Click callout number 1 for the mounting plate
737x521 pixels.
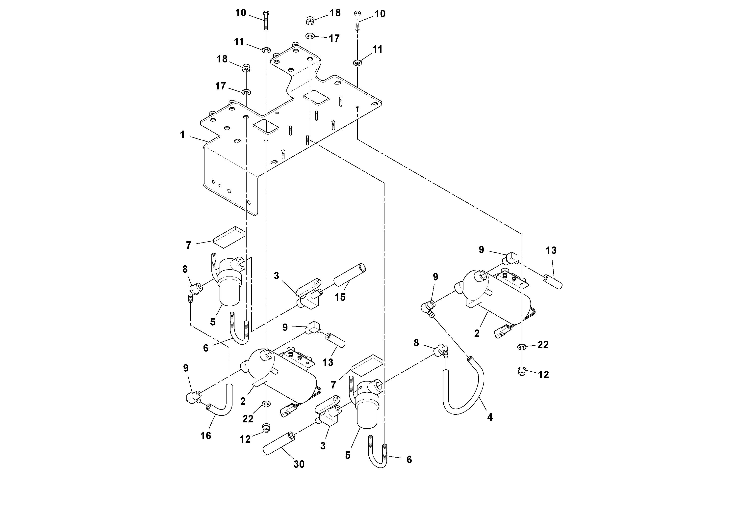(182, 135)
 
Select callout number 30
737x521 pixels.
(299, 464)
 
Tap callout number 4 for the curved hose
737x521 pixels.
(489, 417)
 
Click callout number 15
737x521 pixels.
(340, 297)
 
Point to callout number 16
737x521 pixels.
(206, 436)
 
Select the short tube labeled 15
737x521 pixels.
(350, 275)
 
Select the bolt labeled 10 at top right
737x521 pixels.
(357, 21)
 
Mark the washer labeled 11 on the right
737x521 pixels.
(357, 62)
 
